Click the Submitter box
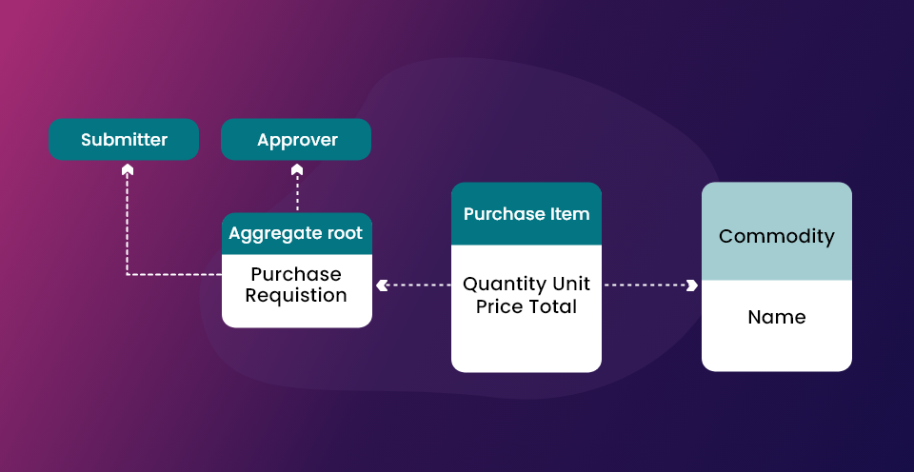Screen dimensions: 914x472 click(124, 139)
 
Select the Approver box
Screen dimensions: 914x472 click(296, 139)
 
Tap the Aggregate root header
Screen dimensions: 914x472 click(297, 234)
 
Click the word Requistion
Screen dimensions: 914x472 click(296, 295)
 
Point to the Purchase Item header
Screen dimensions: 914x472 click(527, 214)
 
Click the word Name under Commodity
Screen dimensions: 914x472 click(777, 317)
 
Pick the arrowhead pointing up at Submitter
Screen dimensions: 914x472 click(127, 169)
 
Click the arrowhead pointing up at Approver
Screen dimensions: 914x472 click(297, 169)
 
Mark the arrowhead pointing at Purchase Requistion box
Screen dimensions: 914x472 click(382, 285)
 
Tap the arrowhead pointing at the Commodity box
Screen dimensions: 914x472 click(692, 285)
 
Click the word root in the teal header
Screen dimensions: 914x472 click(345, 233)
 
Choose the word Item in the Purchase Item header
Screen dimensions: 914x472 click(570, 214)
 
